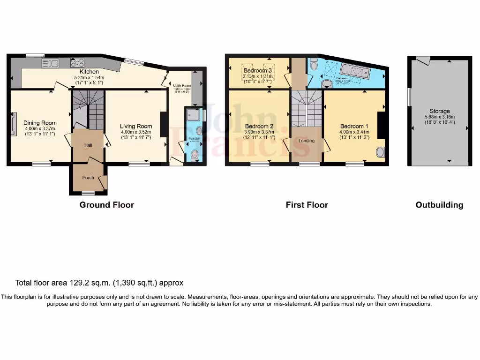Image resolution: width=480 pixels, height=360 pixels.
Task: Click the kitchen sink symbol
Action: pyautogui.click(x=50, y=63)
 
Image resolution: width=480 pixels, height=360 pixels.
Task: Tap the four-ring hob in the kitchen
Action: pyautogui.click(x=77, y=63)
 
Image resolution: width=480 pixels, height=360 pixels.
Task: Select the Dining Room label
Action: pyautogui.click(x=40, y=123)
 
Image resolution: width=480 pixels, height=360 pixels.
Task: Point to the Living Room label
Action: pyautogui.click(x=136, y=126)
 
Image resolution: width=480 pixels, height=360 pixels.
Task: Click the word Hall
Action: pyautogui.click(x=88, y=146)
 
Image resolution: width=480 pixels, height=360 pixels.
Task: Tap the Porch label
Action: pyautogui.click(x=88, y=178)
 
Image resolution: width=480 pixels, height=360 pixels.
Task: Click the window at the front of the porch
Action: pyautogui.click(x=88, y=193)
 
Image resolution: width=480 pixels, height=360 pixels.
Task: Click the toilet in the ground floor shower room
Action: pyautogui.click(x=195, y=154)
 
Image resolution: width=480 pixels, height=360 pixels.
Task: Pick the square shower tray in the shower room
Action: pyautogui.click(x=192, y=114)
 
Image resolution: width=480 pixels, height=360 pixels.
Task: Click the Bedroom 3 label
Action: pyautogui.click(x=257, y=71)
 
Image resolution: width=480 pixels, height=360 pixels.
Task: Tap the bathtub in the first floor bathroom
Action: pyautogui.click(x=355, y=72)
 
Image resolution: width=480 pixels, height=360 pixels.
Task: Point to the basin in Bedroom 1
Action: pyautogui.click(x=380, y=152)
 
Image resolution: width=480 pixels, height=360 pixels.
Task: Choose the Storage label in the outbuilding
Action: pyautogui.click(x=439, y=111)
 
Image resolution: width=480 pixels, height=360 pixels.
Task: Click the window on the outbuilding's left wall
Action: pyautogui.click(x=409, y=97)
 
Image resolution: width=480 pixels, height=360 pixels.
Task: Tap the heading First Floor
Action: pyautogui.click(x=307, y=205)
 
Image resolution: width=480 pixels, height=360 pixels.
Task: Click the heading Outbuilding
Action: pyautogui.click(x=439, y=205)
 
